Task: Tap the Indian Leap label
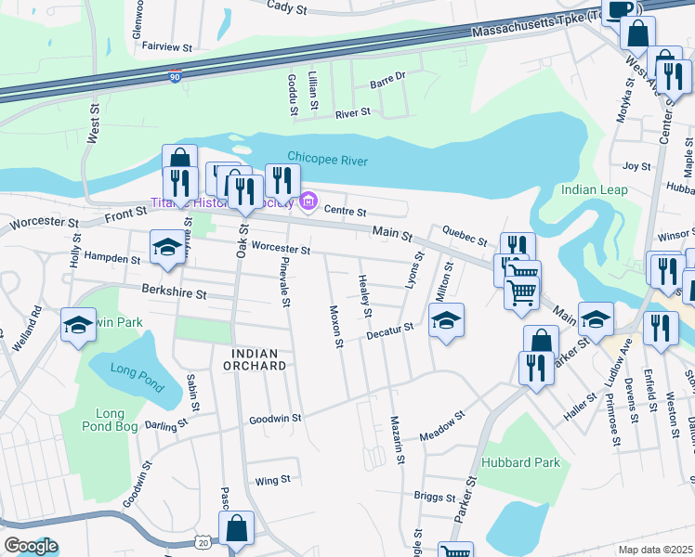595,190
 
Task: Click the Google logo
31,546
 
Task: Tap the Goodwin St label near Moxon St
275,419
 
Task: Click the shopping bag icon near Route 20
238,528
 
